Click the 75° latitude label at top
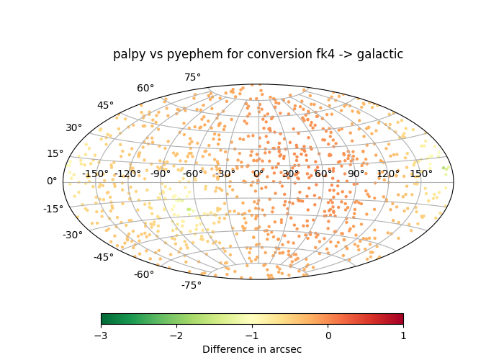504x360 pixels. pos(192,78)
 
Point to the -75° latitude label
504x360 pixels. pos(192,285)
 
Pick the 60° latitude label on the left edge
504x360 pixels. pos(145,88)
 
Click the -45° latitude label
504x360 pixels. pos(104,257)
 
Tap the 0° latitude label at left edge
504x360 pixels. pos(52,181)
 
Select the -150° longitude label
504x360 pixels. pos(95,174)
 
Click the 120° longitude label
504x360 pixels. pos(388,174)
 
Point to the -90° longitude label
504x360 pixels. pos(161,174)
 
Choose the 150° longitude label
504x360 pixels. pos(421,174)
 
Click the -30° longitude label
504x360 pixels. pos(225,174)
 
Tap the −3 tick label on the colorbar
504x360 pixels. pos(101,336)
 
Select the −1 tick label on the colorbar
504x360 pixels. pos(252,336)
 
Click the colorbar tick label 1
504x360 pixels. pos(403,336)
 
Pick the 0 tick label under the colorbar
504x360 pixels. pos(328,336)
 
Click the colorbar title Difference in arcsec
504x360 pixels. pos(252,349)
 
